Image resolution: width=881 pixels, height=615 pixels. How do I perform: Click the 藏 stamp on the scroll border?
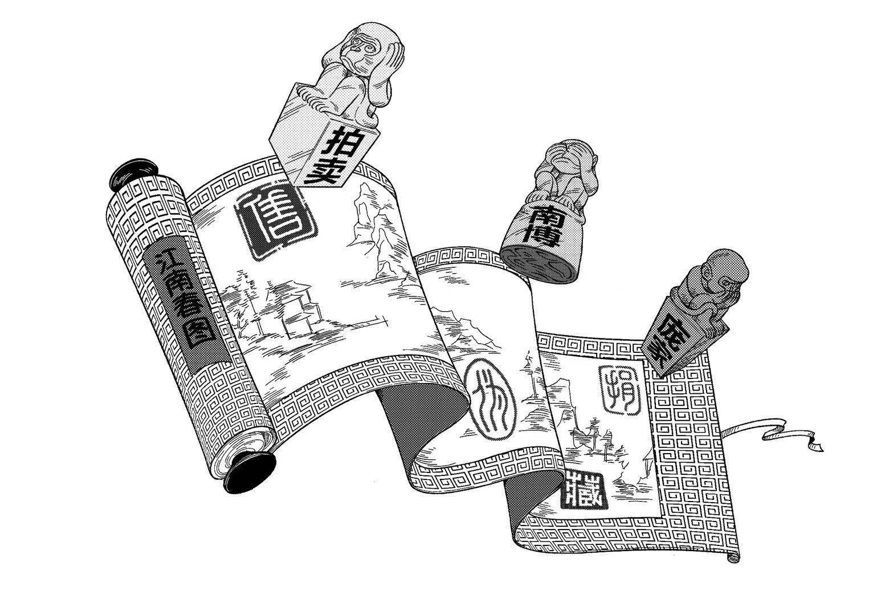(x=586, y=490)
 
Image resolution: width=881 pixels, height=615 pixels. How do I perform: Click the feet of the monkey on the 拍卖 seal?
(x=315, y=103)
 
